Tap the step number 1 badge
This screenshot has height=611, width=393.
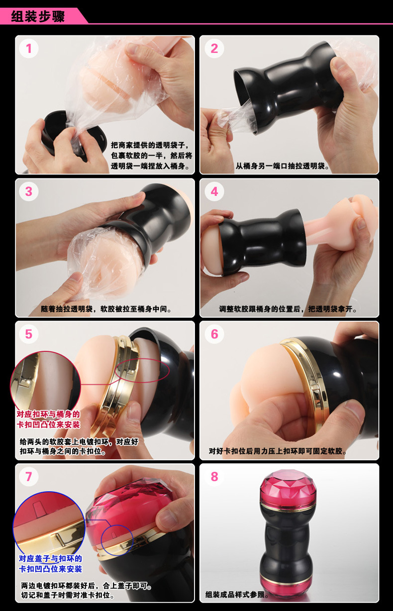29,48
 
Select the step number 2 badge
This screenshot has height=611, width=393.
214,48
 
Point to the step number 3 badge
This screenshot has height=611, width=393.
29,191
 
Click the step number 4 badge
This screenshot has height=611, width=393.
214,191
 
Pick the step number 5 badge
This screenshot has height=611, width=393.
29,334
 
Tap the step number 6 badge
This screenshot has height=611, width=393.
214,334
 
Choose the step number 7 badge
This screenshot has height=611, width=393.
29,477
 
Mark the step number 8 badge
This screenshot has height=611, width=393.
214,477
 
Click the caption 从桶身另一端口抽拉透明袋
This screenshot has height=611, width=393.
283,166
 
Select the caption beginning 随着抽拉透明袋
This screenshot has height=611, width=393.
106,309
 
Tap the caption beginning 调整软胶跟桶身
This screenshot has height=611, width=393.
289,309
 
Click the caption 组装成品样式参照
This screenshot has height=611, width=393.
238,594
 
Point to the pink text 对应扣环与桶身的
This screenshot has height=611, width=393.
48,414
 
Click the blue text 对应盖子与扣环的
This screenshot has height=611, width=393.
50,558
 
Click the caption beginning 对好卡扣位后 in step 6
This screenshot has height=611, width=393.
278,451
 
